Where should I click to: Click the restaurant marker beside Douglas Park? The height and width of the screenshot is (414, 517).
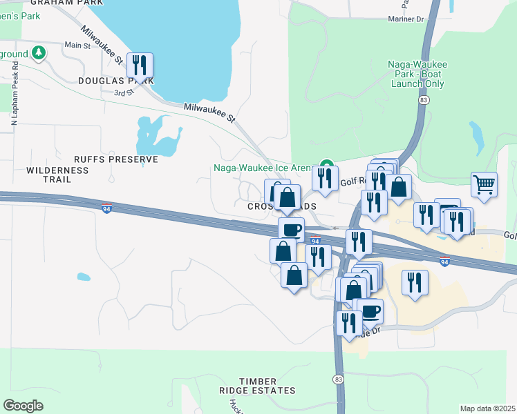pyautogui.click(x=140, y=66)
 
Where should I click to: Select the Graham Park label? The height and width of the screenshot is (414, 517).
pyautogui.click(x=62, y=2)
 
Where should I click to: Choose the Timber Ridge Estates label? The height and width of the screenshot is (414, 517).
pyautogui.click(x=258, y=386)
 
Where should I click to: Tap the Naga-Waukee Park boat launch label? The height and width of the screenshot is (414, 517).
pyautogui.click(x=417, y=74)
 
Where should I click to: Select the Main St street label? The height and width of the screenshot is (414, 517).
pyautogui.click(x=77, y=46)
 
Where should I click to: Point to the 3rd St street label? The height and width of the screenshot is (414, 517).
pyautogui.click(x=123, y=92)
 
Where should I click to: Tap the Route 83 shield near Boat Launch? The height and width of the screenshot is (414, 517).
pyautogui.click(x=422, y=100)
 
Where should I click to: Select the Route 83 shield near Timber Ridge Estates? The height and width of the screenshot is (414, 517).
pyautogui.click(x=337, y=379)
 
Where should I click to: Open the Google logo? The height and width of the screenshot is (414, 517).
pyautogui.click(x=23, y=406)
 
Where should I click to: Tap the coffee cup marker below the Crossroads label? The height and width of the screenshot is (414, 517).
pyautogui.click(x=291, y=229)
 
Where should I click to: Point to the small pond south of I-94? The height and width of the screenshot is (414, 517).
pyautogui.click(x=83, y=277)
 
